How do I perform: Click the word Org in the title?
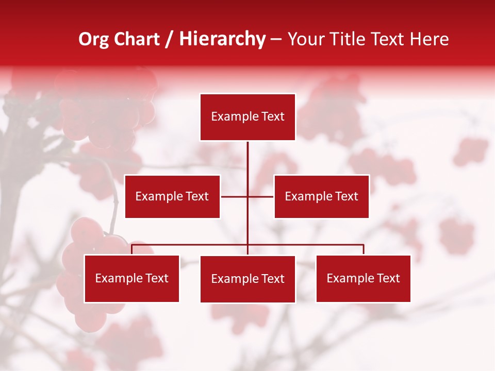(94, 39)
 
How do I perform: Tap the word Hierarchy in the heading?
(222, 39)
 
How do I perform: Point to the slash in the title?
(170, 39)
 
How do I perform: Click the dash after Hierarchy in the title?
(276, 39)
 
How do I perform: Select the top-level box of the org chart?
(247, 117)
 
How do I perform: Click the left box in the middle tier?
(172, 196)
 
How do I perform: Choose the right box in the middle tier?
(321, 196)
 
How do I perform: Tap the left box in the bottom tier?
(131, 279)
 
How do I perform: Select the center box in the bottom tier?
(247, 279)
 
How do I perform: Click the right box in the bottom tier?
(363, 279)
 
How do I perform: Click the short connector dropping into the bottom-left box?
(131, 249)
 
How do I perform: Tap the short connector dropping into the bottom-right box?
(364, 249)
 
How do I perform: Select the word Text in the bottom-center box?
(272, 279)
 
